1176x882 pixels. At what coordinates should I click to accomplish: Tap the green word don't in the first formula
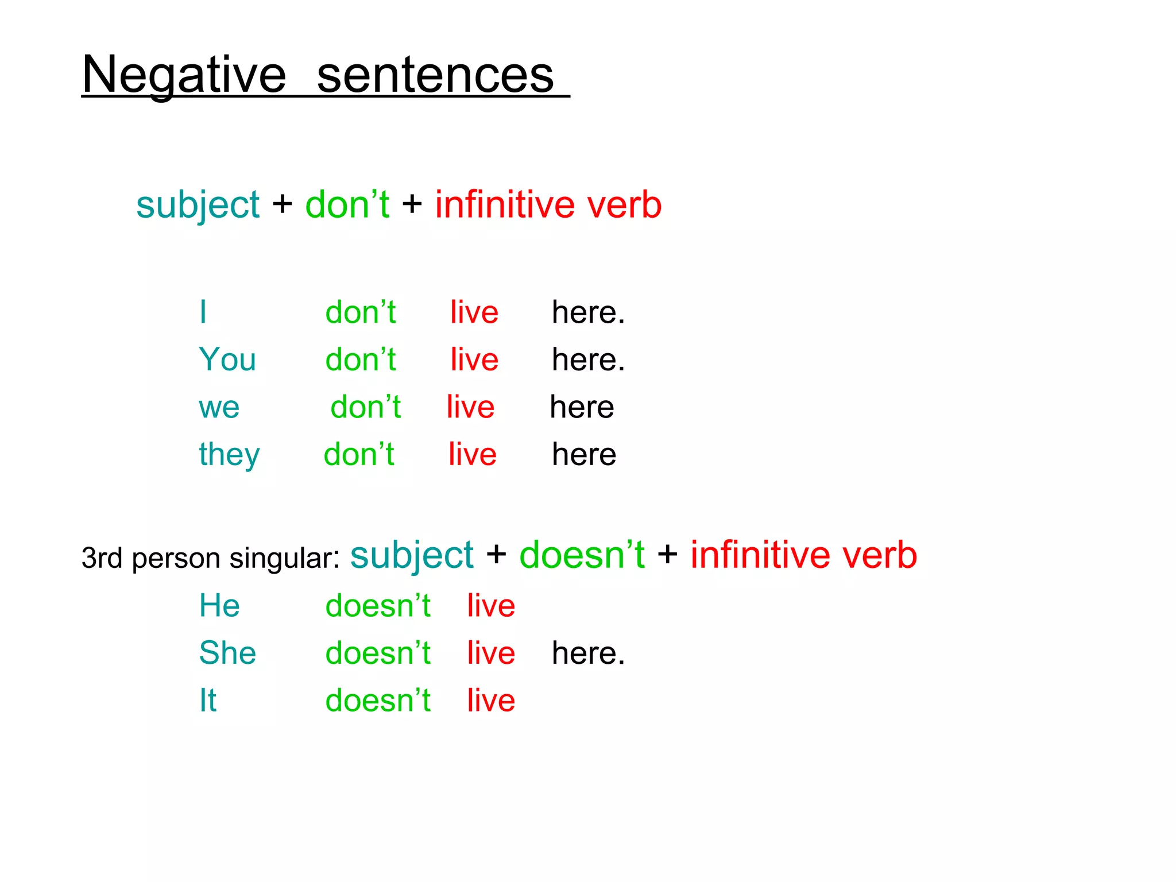point(347,204)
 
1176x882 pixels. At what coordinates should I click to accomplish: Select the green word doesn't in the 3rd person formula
point(582,555)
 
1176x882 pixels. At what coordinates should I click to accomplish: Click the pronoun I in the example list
point(203,312)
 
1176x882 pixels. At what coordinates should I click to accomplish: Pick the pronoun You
point(227,359)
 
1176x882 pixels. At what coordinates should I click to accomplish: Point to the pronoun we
point(219,408)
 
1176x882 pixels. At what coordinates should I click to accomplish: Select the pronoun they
point(229,455)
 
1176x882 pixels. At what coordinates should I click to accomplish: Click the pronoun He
point(219,606)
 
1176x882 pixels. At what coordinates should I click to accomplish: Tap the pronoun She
point(227,653)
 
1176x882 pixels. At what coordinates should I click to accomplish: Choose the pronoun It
point(208,701)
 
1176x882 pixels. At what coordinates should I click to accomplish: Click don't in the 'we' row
point(365,407)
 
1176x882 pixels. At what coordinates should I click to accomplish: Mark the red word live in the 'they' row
point(472,454)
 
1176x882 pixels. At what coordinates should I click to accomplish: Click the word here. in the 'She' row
point(588,653)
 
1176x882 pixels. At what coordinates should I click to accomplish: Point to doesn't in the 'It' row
point(378,701)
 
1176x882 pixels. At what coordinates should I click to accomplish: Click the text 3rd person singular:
point(211,558)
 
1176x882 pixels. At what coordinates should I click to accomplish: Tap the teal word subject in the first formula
point(198,206)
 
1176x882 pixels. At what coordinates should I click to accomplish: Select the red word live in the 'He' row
point(491,606)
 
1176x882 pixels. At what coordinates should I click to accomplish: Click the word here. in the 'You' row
point(588,360)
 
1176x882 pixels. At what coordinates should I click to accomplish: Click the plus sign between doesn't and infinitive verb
point(667,555)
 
